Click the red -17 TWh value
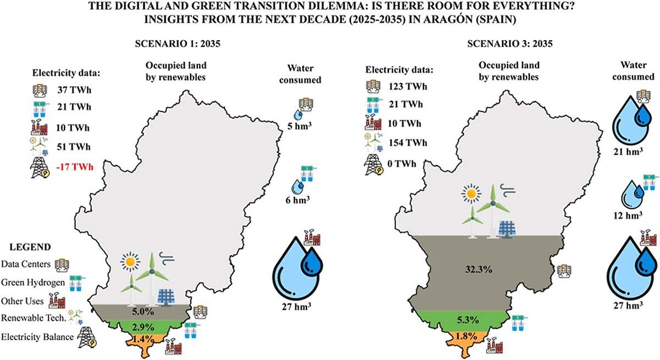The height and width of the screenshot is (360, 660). coord(75,167)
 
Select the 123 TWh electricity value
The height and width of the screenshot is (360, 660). coord(408,86)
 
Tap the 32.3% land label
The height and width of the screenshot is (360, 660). coord(479,269)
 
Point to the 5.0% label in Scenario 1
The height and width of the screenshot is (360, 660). coord(143,312)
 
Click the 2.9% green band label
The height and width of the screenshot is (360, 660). coord(143,327)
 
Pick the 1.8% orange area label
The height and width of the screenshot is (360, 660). coord(466,336)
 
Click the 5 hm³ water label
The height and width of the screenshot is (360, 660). coord(299,126)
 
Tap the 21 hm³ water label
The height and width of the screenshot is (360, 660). coord(628,152)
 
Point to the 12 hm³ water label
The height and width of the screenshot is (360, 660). coord(628,215)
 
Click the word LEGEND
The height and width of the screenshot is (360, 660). coord(30,247)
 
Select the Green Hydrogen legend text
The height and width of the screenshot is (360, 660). coord(33,283)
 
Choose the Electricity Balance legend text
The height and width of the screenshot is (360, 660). coord(37,337)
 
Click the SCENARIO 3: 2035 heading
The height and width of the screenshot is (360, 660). coord(510,43)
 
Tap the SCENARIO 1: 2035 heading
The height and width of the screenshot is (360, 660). coord(178,43)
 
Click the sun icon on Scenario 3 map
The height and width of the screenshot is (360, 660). coord(471,193)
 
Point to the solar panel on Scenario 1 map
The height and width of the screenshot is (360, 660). coord(166,297)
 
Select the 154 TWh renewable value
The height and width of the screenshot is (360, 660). coord(408,143)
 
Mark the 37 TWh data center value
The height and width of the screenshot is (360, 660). coord(74,90)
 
